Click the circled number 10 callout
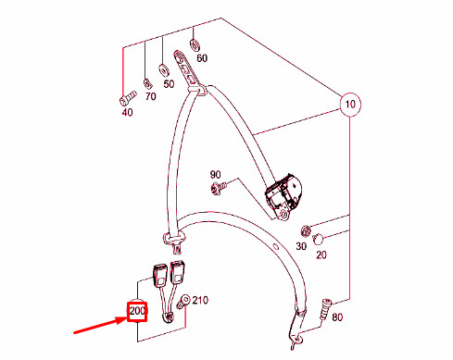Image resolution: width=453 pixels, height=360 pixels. coord(350,105)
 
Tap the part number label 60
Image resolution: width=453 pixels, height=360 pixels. coord(202,58)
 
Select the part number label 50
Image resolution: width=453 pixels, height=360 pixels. coord(169,84)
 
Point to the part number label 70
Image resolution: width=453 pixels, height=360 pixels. coord(150,96)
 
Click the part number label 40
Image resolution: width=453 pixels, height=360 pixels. coord(127,112)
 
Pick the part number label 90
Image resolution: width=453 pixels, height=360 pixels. coord(215,175)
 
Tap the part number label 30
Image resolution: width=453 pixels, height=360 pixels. coord(301,246)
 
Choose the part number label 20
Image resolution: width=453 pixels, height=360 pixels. coord(321,254)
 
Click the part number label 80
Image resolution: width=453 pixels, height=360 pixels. coord(337,317)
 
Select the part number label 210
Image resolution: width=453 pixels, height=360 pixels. coord(200,300)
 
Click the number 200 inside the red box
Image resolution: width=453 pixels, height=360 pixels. coord(137,311)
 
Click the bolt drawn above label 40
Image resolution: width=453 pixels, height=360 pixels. coord(128,97)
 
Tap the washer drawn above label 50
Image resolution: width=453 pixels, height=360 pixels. coord(163,70)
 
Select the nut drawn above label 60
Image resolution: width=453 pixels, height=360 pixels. coord(195,45)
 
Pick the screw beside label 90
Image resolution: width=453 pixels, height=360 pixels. coord(219,188)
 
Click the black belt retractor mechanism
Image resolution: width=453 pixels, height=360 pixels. coord(283,194)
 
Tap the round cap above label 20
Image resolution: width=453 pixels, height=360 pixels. coord(318,239)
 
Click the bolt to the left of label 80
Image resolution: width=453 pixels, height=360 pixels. coord(325,309)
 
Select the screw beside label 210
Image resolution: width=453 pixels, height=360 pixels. coord(182,302)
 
